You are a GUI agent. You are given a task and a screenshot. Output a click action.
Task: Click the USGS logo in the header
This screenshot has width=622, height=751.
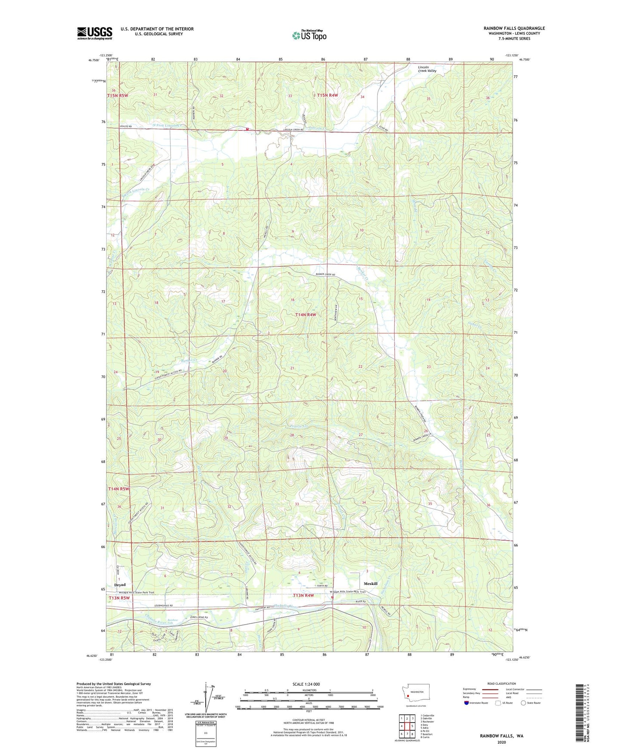(94, 33)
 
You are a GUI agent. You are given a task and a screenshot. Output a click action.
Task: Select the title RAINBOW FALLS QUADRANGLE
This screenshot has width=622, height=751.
(514, 28)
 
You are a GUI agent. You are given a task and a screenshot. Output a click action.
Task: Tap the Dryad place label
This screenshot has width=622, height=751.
(120, 585)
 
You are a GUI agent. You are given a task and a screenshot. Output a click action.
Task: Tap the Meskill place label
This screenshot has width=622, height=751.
(370, 584)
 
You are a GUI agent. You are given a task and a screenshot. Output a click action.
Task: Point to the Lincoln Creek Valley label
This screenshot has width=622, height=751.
(427, 69)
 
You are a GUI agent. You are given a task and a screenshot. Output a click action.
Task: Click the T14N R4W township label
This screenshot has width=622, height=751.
(306, 315)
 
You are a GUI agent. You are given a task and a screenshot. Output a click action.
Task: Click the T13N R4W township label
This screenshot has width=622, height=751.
(303, 596)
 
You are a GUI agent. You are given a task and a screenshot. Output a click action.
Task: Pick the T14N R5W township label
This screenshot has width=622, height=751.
(118, 489)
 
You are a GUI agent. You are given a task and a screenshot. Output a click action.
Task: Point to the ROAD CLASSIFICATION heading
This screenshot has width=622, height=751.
(501, 684)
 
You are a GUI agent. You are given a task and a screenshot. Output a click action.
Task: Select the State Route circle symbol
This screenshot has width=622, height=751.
(523, 703)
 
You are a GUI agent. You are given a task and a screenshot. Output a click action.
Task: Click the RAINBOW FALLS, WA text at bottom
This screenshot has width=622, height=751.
(501, 736)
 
